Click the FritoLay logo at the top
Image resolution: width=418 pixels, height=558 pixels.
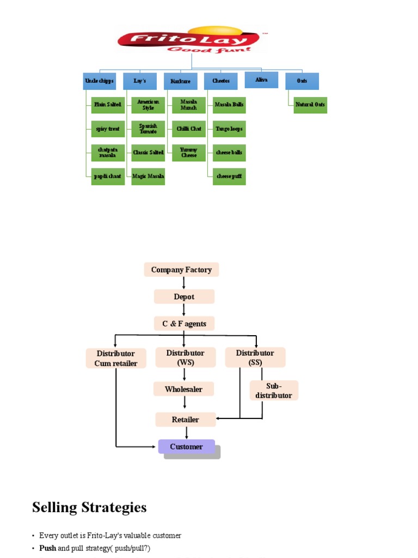click(x=191, y=39)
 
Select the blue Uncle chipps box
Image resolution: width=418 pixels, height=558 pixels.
click(x=100, y=81)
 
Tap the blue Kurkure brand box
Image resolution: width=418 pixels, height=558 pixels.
click(x=180, y=81)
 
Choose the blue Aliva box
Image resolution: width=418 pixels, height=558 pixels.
click(x=261, y=80)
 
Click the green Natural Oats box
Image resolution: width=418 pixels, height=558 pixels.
click(x=310, y=105)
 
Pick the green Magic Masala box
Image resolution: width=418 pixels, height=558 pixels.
click(x=149, y=177)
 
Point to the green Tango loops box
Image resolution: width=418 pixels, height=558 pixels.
click(x=229, y=129)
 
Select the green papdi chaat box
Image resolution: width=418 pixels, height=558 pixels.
click(x=108, y=177)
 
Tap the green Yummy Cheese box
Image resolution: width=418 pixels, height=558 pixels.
click(x=189, y=153)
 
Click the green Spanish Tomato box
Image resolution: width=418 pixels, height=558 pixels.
click(x=149, y=129)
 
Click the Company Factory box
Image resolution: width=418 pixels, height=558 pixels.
click(x=181, y=270)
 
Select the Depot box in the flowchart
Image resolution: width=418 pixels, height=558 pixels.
click(x=184, y=296)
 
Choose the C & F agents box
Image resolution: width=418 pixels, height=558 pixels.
click(x=184, y=324)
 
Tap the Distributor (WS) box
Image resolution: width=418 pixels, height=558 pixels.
click(x=185, y=357)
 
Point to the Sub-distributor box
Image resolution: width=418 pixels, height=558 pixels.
click(x=274, y=391)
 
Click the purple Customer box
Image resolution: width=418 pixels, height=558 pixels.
click(x=186, y=447)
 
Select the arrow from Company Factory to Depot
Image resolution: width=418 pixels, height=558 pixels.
click(x=184, y=283)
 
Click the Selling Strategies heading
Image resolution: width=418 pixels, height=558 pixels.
click(x=89, y=507)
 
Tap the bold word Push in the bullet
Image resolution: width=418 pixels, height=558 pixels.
click(x=47, y=548)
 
